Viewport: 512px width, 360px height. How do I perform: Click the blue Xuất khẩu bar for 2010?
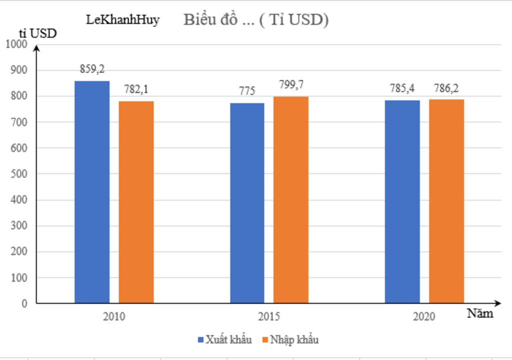tap(92, 192)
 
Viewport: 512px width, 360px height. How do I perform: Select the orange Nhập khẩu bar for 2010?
tap(136, 202)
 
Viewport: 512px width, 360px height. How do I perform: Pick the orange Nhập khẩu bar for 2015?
tap(290, 199)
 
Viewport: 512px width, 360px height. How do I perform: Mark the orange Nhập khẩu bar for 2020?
tap(446, 201)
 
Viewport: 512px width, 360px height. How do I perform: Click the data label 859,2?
tap(92, 69)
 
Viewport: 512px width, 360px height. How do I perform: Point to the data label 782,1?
tap(136, 89)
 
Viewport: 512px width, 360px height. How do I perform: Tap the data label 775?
tap(247, 91)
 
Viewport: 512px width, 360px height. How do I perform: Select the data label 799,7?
tap(291, 85)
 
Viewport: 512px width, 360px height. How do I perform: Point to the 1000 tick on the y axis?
tap(17, 44)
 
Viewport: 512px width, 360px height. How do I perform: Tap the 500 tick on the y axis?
tap(19, 174)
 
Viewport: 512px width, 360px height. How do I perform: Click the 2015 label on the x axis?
tap(269, 316)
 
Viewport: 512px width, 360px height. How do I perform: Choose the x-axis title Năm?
tap(480, 314)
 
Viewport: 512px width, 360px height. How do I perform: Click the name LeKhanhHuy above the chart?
tap(123, 20)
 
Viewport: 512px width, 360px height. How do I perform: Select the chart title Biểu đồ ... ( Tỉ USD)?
tap(256, 20)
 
